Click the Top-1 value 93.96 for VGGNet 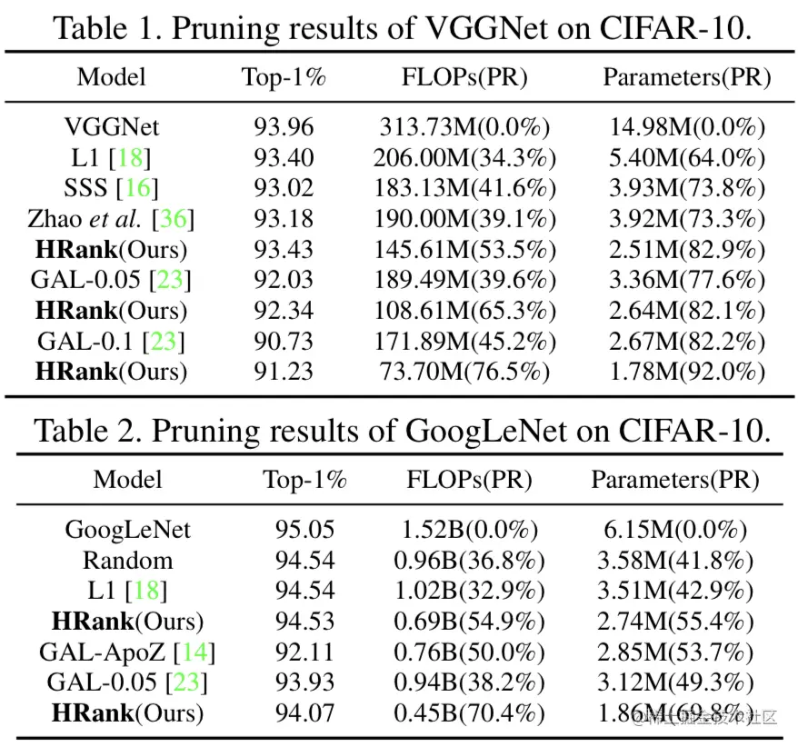[284, 127]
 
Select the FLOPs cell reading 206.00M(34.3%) [464, 158]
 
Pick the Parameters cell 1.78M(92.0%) [687, 371]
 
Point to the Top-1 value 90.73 [284, 341]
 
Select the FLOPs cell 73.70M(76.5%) [464, 371]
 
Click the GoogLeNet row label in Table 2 [128, 529]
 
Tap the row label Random [128, 560]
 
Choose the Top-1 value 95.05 [305, 529]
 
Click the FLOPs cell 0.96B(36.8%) [469, 560]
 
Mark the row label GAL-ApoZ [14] [128, 652]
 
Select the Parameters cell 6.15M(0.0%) [676, 529]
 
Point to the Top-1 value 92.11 [305, 652]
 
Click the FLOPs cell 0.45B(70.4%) [469, 712]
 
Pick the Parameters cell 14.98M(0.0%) [687, 127]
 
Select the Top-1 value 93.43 [284, 249]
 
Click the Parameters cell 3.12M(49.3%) [676, 682]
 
